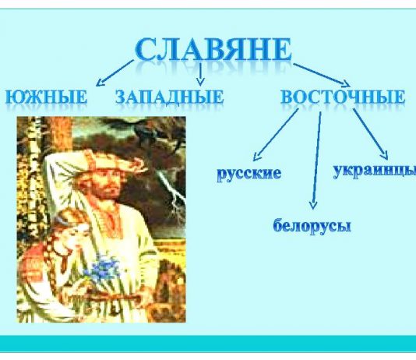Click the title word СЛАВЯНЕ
213,50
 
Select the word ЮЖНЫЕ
46,97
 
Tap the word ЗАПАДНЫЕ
170,97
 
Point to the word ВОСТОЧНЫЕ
343,97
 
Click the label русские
249,174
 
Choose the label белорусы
312,226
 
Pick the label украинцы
375,171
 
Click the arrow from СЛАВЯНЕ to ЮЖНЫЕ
115,73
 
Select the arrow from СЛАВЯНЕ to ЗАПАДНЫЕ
200,75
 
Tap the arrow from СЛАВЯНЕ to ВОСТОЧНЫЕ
322,76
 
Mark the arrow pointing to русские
276,135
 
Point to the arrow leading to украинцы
371,134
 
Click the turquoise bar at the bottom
208,344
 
